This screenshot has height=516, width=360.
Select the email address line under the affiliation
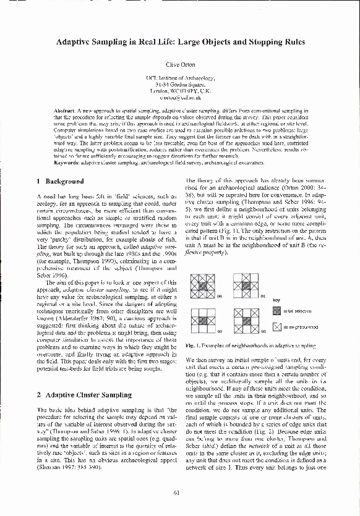tap(180, 98)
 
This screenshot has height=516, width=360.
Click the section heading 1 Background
tap(61, 182)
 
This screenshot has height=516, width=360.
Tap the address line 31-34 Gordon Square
tap(180, 85)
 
